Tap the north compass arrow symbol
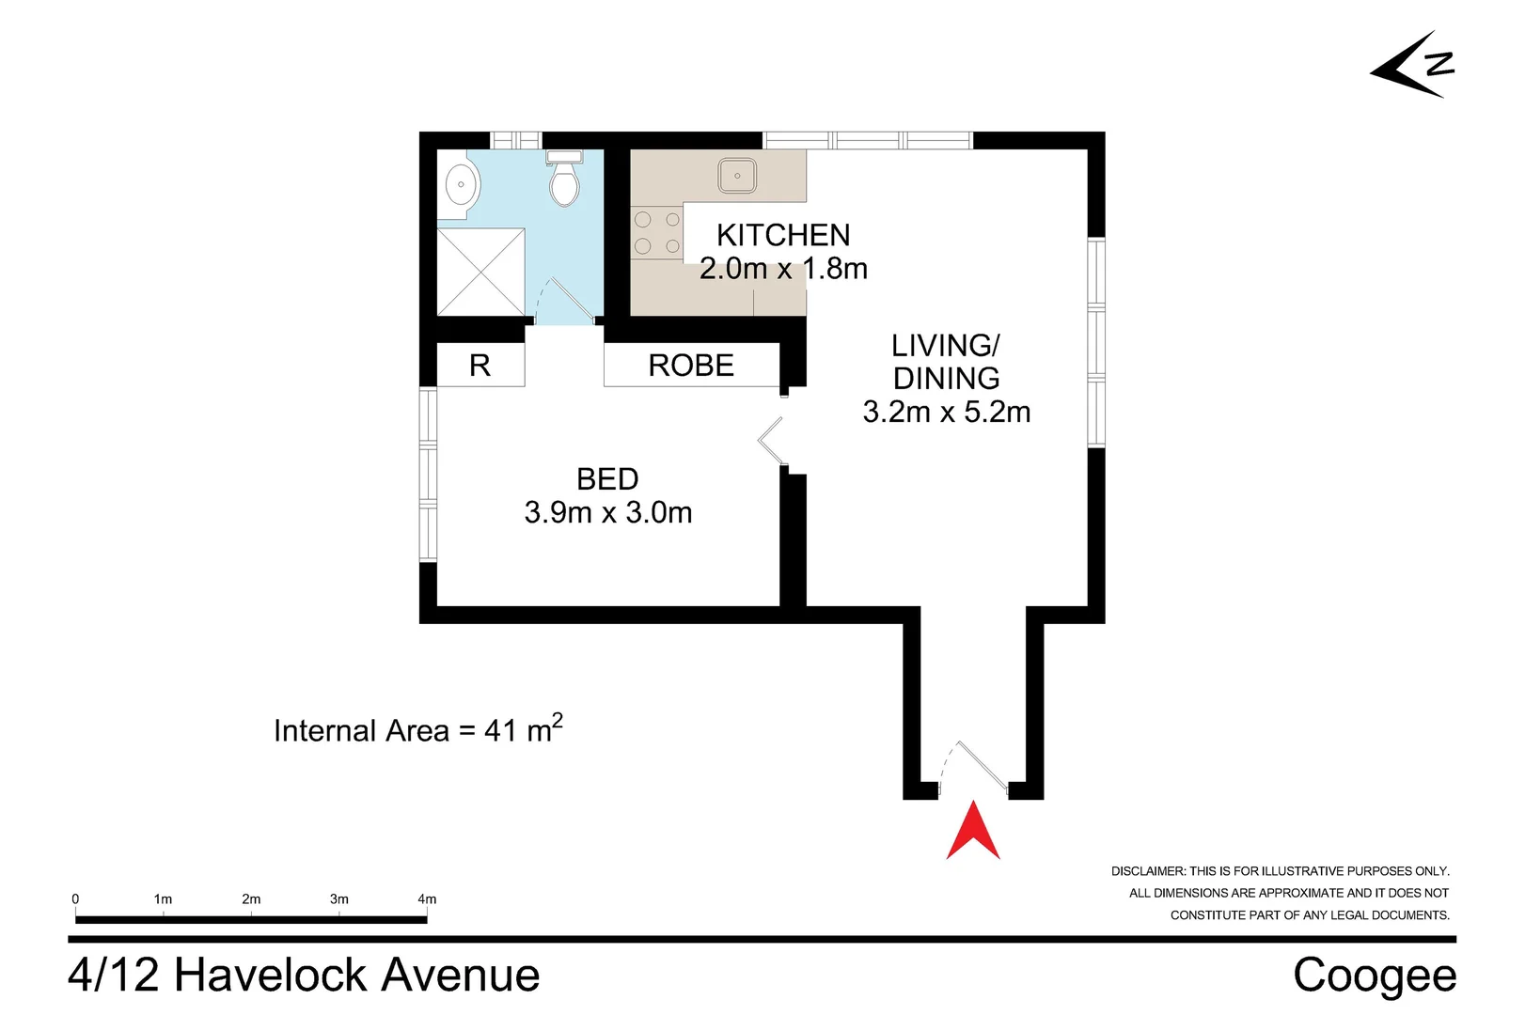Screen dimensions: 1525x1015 point(1412,66)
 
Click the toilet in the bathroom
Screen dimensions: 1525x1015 point(564,179)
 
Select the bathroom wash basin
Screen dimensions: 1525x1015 point(460,184)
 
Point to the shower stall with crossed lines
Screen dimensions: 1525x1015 point(480,273)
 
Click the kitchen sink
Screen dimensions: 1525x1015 point(736,176)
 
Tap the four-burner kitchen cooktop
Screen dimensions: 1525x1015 point(657,233)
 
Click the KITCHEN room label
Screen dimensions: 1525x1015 point(783,236)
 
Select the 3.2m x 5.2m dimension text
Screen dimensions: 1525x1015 point(947,412)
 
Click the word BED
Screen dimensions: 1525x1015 point(607,479)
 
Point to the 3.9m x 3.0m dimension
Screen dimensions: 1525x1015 point(608,512)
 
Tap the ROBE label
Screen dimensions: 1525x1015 point(691,366)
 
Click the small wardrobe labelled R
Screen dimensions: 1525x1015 point(480,366)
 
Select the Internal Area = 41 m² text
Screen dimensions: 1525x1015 point(418,729)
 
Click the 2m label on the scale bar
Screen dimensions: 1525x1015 point(251,899)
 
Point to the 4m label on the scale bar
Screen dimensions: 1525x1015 point(427,899)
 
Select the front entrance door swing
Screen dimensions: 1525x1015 point(973,768)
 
